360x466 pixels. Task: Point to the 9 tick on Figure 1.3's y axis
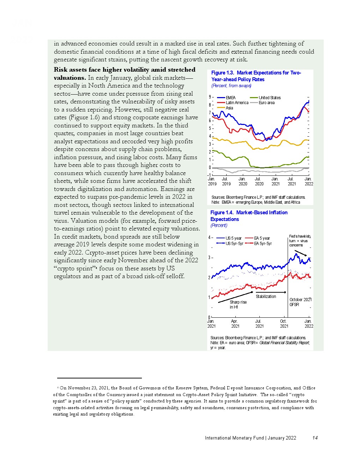tap(210, 97)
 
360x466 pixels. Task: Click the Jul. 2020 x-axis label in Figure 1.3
tap(259, 181)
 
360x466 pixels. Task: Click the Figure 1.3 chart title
tap(256, 76)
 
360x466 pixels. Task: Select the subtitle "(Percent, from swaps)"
tap(231, 86)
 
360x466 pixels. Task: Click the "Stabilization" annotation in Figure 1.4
tap(266, 297)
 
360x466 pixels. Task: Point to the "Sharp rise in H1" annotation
tap(238, 305)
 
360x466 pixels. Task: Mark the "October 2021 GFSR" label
tap(300, 302)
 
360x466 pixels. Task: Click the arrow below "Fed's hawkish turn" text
tap(301, 253)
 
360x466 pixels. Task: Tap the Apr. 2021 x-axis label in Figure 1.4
tap(235, 324)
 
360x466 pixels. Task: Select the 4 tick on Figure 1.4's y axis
tap(210, 238)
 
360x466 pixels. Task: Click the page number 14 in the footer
tap(315, 438)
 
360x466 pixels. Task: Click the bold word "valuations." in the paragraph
tap(70, 78)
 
